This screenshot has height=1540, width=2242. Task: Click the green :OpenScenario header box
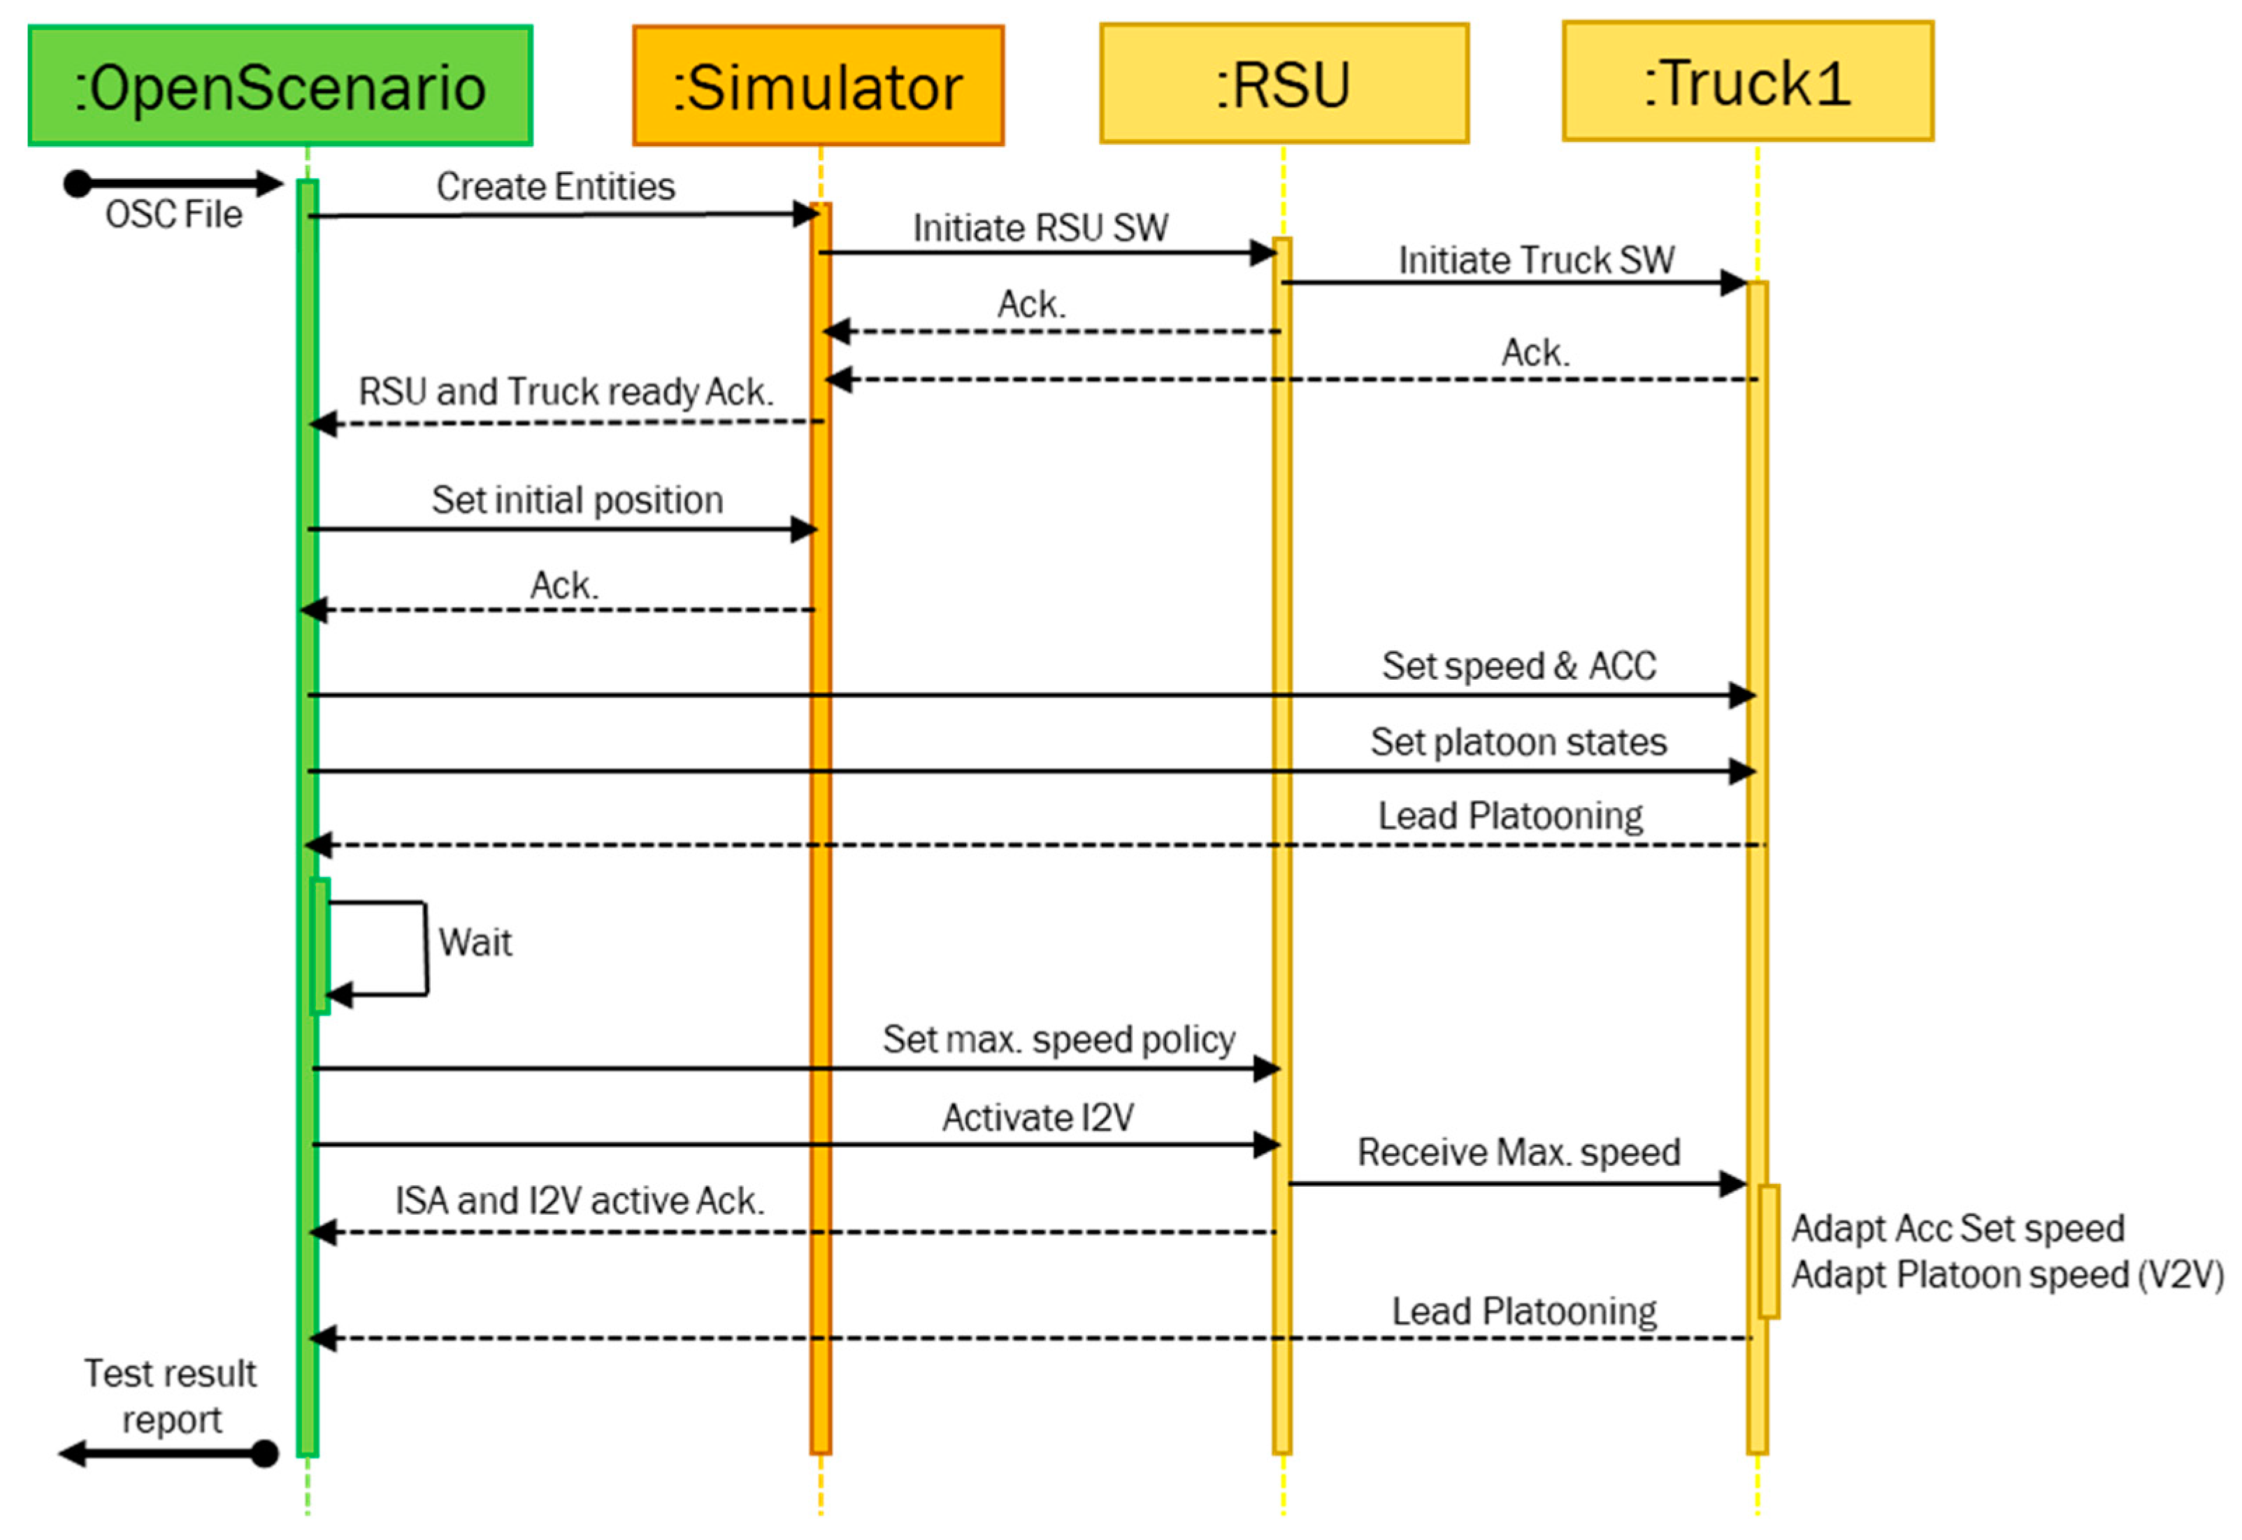coord(280,86)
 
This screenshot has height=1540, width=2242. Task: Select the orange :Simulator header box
coord(817,86)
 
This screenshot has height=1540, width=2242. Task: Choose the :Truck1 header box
coord(1747,82)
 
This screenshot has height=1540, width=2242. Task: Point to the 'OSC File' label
coord(173,214)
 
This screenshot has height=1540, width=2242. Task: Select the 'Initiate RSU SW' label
coord(1040,228)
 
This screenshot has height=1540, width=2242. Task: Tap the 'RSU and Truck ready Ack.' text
coord(566,392)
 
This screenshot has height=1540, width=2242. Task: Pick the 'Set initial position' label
coord(577,500)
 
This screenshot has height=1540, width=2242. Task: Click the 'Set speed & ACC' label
coord(1518,666)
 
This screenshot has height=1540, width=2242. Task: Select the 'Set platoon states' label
coord(1518,742)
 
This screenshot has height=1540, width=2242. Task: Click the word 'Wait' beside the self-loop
coord(475,942)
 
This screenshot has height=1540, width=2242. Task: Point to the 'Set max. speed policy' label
coord(1058,1039)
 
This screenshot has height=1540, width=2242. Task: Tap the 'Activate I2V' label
coord(1038,1118)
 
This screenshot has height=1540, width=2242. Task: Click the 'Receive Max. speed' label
coord(1518,1152)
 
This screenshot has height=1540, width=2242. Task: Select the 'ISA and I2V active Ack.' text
coord(579,1200)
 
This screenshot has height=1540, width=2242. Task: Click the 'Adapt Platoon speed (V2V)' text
coord(2006,1275)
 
